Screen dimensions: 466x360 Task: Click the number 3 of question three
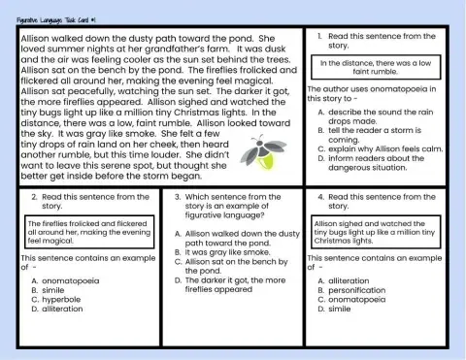coord(175,197)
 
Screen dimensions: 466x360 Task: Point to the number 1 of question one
coord(320,36)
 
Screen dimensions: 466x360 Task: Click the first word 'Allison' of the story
coord(37,39)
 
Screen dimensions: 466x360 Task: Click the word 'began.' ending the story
coord(181,177)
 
